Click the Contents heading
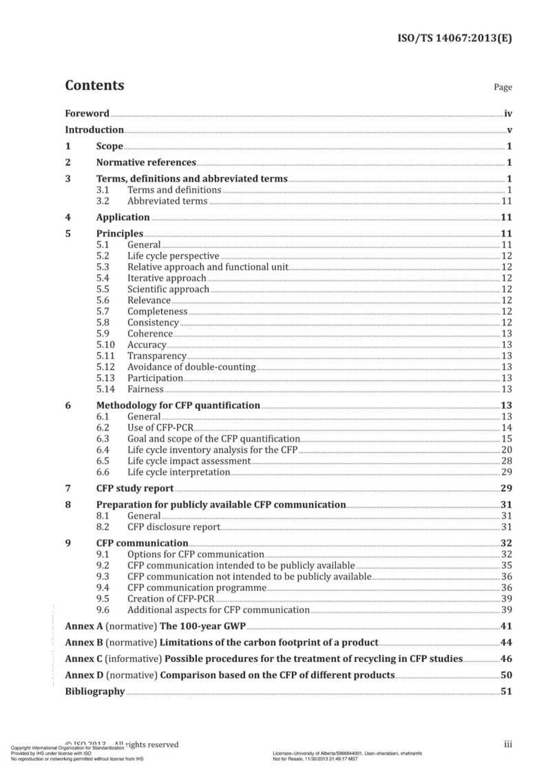tap(94, 86)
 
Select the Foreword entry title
tap(87, 114)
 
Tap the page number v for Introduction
tap(509, 130)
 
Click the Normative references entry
tap(146, 163)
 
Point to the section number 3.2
tap(103, 201)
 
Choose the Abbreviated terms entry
tap(167, 201)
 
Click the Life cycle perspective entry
tap(174, 256)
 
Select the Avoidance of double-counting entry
tap(191, 367)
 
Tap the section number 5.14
tap(105, 389)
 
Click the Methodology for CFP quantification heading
tap(178, 405)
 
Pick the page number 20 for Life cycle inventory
tap(506, 450)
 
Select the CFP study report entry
tap(134, 489)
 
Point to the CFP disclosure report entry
tap(174, 527)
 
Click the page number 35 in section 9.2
tap(506, 566)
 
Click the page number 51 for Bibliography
tap(506, 691)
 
